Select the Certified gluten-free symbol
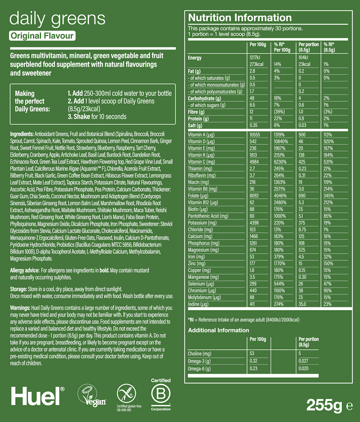click(x=125, y=394)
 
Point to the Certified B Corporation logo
click(x=160, y=394)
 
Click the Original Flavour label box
click(x=42, y=36)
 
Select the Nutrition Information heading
click(x=240, y=18)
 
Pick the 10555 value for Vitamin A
click(x=255, y=135)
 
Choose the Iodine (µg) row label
click(x=199, y=304)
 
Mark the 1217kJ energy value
click(x=255, y=58)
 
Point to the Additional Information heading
click(x=218, y=330)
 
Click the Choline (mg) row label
click(x=200, y=354)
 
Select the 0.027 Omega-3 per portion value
click(x=304, y=361)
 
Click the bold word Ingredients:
click(x=22, y=134)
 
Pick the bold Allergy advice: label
click(x=24, y=271)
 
